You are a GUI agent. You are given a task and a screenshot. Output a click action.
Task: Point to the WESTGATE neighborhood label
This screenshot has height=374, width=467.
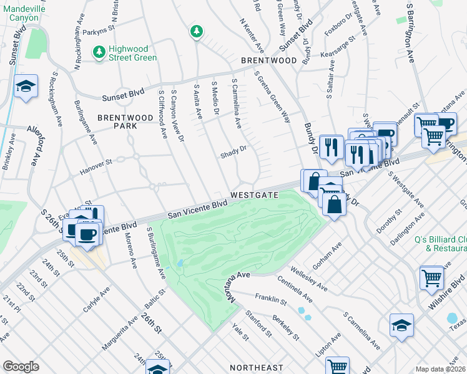[253, 195]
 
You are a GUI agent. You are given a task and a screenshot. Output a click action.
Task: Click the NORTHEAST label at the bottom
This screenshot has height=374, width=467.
[257, 368]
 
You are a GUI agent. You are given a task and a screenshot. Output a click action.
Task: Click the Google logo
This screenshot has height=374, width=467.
[21, 367]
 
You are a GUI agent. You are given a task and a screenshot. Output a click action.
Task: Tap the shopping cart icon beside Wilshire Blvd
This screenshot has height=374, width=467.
[432, 277]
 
